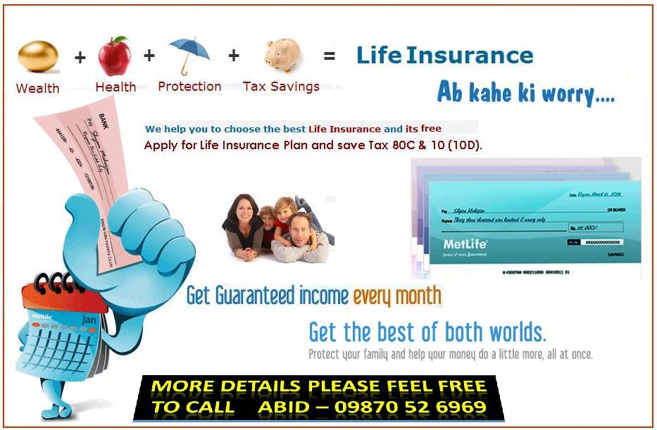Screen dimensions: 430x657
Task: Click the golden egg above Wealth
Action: [37, 58]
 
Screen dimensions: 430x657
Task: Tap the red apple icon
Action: [114, 57]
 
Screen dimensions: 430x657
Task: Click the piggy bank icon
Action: [283, 55]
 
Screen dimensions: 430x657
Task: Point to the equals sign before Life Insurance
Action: [329, 56]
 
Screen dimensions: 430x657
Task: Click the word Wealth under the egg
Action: [37, 89]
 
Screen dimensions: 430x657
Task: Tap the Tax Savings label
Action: [281, 87]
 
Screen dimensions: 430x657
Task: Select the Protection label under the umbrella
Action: [189, 87]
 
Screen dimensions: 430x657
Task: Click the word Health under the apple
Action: [115, 87]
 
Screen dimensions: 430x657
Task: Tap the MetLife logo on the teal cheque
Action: [465, 245]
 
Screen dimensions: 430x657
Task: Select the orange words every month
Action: [397, 296]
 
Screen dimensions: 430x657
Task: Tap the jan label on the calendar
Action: [89, 320]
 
